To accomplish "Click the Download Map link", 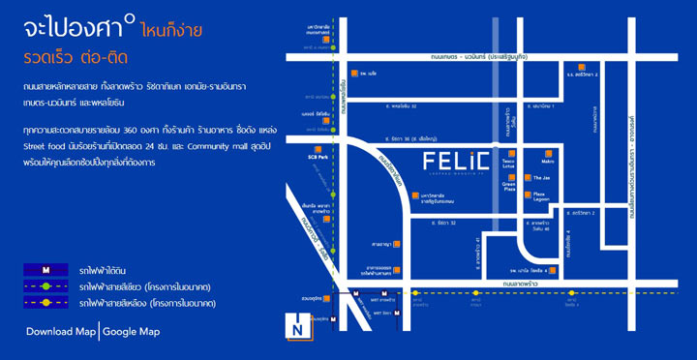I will pyautogui.click(x=61, y=332).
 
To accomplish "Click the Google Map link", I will pyautogui.click(x=132, y=332).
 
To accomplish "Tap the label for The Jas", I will pyautogui.click(x=540, y=178).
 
